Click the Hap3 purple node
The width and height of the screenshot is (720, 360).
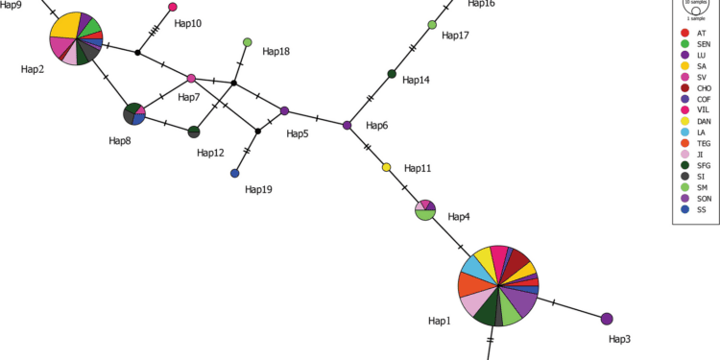[x=607, y=319]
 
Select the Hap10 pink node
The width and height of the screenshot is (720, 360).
[x=173, y=8]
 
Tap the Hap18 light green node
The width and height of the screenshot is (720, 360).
[x=248, y=42]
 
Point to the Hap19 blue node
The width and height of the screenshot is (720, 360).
[x=235, y=174]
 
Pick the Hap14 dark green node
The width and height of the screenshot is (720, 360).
[x=392, y=74]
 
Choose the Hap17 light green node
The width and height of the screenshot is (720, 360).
[x=432, y=25]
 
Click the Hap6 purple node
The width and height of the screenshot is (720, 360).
[x=348, y=126]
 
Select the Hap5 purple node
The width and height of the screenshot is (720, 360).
[x=284, y=111]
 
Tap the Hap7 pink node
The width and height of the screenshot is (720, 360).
[x=192, y=79]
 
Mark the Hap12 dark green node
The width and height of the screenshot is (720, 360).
[x=194, y=132]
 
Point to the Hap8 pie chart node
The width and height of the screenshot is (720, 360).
[x=134, y=114]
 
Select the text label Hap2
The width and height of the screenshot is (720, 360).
[x=35, y=69]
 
